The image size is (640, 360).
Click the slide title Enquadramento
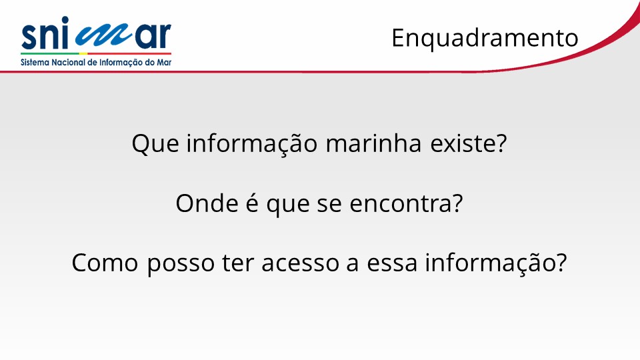(x=485, y=39)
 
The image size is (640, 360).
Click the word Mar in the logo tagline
(x=164, y=63)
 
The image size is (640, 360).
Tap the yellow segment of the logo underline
(x=83, y=53)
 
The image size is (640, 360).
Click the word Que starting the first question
(x=155, y=143)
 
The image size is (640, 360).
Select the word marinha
(x=373, y=143)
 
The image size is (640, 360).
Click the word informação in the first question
(x=252, y=143)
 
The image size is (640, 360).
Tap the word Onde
(x=207, y=203)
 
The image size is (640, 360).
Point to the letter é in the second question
(x=252, y=203)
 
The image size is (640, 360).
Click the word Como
(x=105, y=263)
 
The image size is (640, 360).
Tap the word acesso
(x=301, y=263)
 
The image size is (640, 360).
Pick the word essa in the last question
(x=392, y=263)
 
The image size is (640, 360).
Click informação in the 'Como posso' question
(x=491, y=263)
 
